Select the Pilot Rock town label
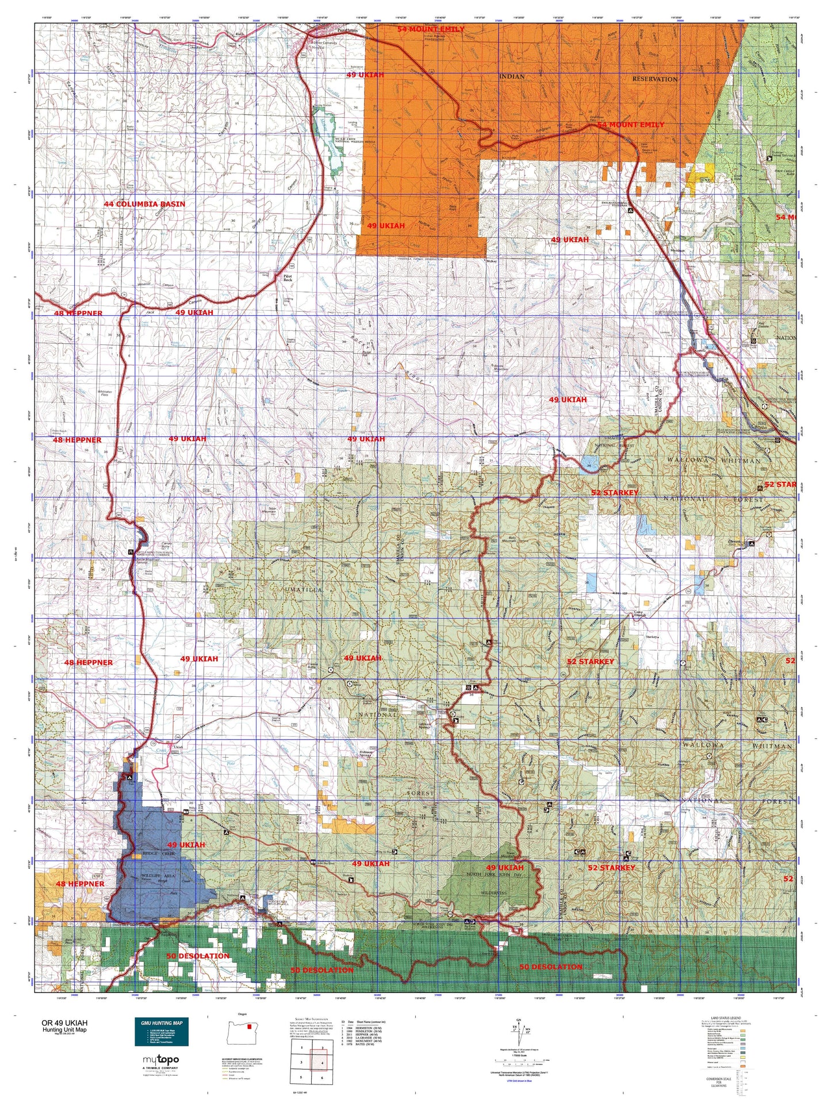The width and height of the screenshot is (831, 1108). click(x=288, y=278)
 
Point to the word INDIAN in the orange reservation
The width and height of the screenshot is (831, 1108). click(x=511, y=76)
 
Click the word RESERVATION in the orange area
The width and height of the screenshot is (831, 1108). click(x=655, y=79)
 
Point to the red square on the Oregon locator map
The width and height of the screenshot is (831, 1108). click(x=248, y=1026)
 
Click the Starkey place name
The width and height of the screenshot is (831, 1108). click(x=651, y=637)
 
